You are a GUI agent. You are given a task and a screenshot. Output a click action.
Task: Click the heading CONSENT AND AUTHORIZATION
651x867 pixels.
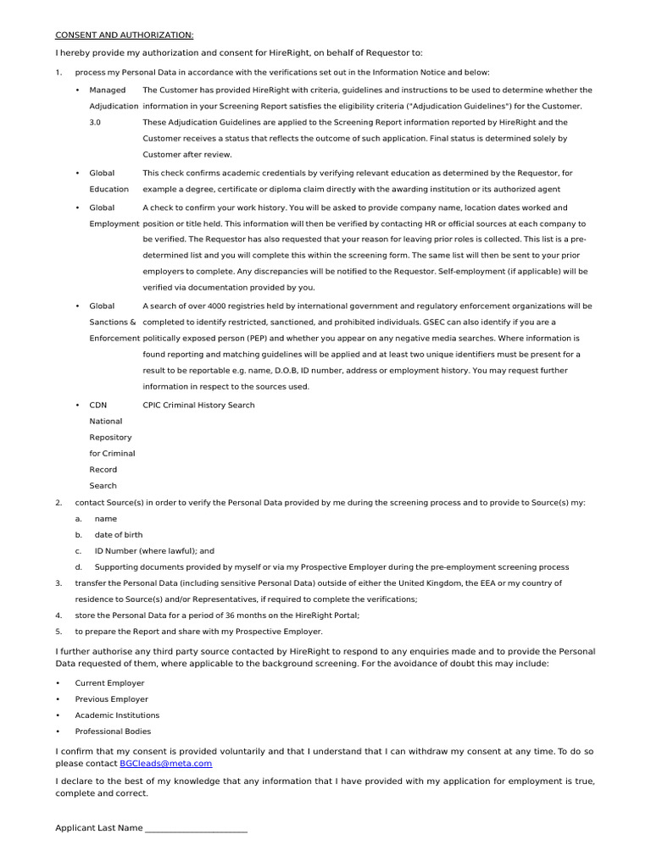(x=125, y=35)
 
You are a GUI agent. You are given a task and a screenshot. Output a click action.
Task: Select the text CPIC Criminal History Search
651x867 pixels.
(x=198, y=405)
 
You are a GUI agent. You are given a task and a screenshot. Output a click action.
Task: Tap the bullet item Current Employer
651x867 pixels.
(x=109, y=682)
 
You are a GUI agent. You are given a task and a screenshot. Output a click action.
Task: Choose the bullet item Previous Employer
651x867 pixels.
(x=111, y=699)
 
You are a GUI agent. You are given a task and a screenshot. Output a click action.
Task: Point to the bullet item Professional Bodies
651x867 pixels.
(x=113, y=732)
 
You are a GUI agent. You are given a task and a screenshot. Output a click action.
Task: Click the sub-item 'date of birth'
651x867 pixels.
(x=119, y=535)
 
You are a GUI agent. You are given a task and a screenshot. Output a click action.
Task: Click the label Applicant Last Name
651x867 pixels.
(x=99, y=828)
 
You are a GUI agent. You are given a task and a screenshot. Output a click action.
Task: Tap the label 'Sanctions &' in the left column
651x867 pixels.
(x=113, y=323)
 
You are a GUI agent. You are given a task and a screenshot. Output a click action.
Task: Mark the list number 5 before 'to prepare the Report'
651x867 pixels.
(x=58, y=632)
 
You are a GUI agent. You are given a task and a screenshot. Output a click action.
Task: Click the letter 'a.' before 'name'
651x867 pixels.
(x=78, y=519)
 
